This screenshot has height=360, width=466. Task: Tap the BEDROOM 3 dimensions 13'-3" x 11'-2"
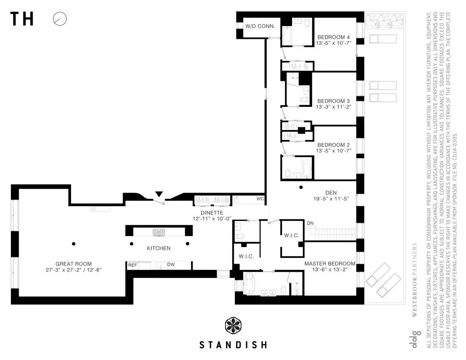click(334, 106)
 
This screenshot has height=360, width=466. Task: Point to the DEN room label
click(331, 192)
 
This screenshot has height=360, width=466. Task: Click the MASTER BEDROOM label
click(330, 264)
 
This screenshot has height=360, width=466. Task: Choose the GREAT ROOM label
click(73, 264)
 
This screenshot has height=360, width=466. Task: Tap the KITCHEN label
click(158, 248)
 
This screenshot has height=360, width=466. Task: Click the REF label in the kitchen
click(132, 265)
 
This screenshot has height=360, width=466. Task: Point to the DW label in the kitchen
click(171, 265)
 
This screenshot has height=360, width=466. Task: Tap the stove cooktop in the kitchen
click(159, 232)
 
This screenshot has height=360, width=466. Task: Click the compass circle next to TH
click(60, 19)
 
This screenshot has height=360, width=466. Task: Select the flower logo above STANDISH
click(233, 325)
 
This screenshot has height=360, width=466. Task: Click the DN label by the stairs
click(310, 223)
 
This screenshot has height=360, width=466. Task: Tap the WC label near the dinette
click(260, 199)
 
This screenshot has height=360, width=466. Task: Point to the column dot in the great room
click(73, 244)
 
